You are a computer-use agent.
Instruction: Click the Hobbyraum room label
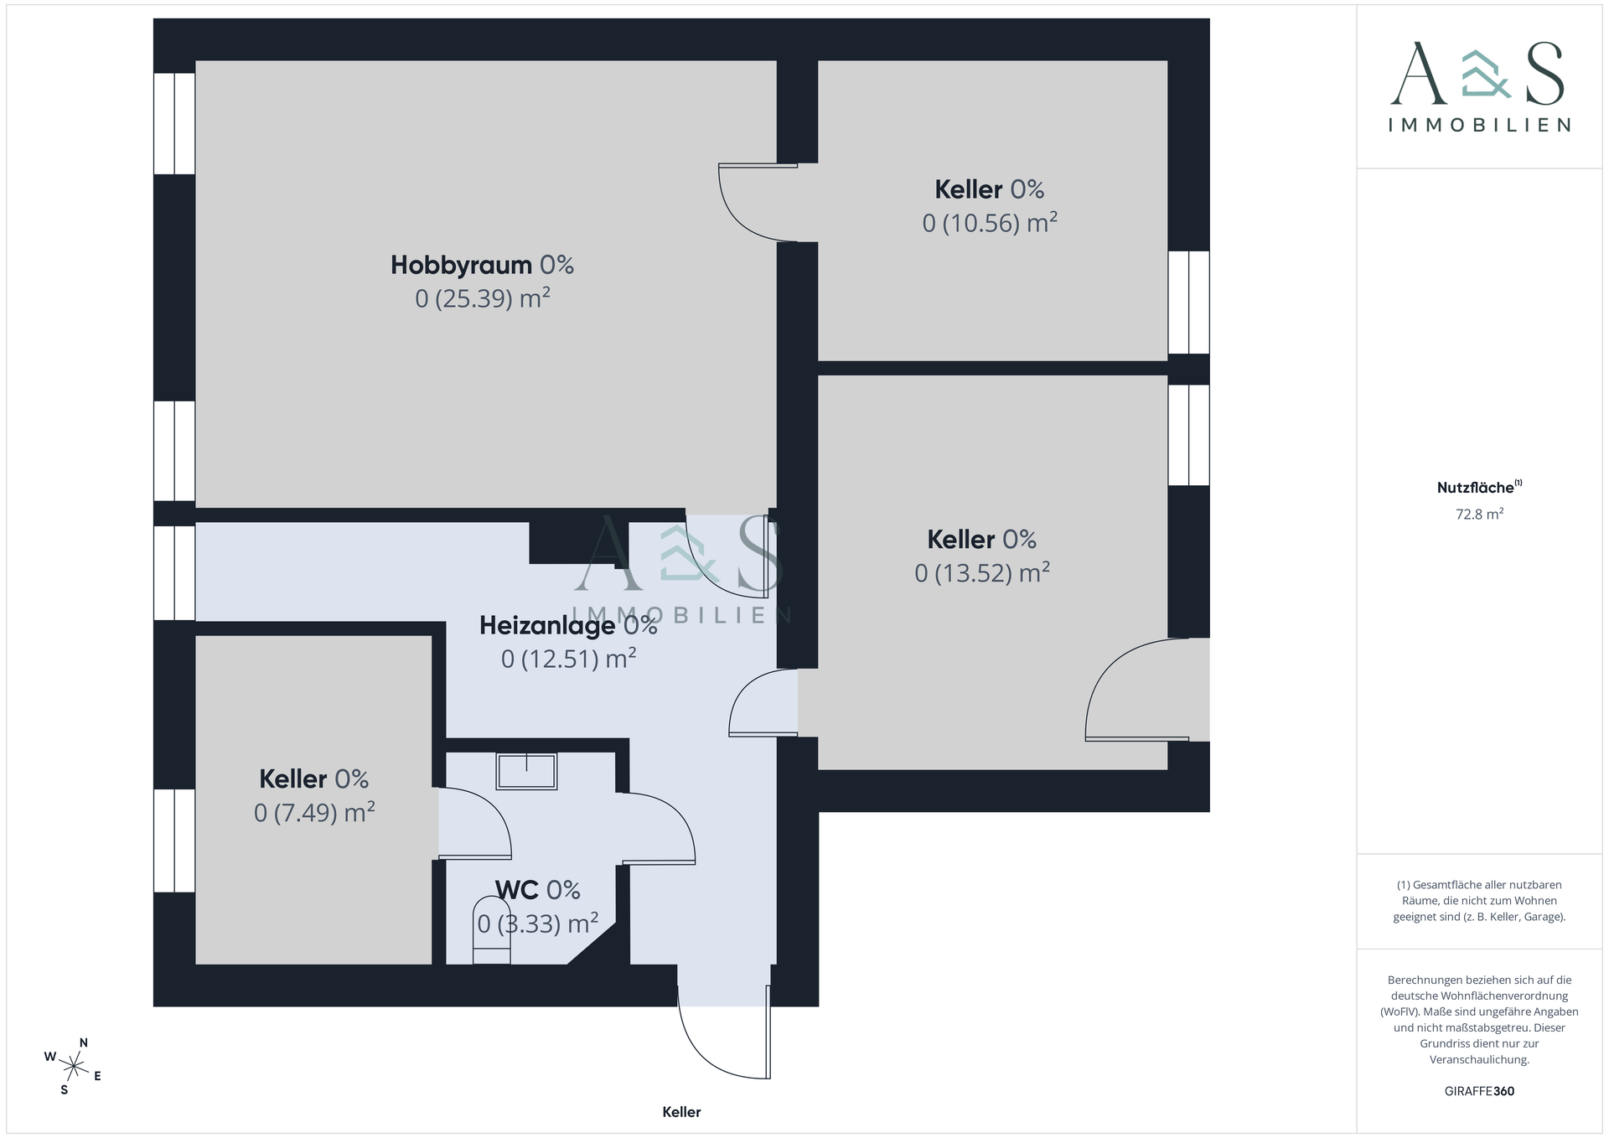461,265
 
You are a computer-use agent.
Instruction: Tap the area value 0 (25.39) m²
483,298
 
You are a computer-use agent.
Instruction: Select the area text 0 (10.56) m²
990,223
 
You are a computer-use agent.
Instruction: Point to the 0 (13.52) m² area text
982,573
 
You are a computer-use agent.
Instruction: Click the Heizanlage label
547,625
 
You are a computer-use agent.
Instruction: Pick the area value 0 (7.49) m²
314,813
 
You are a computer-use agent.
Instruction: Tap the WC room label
517,890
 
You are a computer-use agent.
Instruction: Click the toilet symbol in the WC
492,930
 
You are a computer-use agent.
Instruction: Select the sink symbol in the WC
526,771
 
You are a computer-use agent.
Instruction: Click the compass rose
74,1067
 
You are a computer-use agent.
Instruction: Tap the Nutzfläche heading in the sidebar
1476,488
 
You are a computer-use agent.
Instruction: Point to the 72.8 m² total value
1479,515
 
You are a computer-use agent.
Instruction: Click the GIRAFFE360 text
1479,1091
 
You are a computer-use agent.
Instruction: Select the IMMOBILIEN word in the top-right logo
1479,125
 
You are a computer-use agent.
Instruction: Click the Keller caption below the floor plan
681,1112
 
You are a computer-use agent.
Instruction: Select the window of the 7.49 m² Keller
174,841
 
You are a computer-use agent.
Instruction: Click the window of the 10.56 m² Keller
1188,303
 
